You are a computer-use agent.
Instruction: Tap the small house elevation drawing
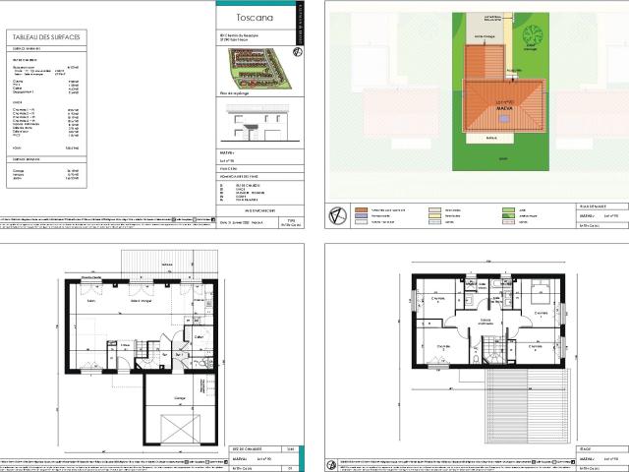coord(254,123)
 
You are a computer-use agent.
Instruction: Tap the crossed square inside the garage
coord(178,429)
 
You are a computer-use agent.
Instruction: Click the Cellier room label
coord(198,337)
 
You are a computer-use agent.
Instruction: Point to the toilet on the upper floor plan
coord(475,360)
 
